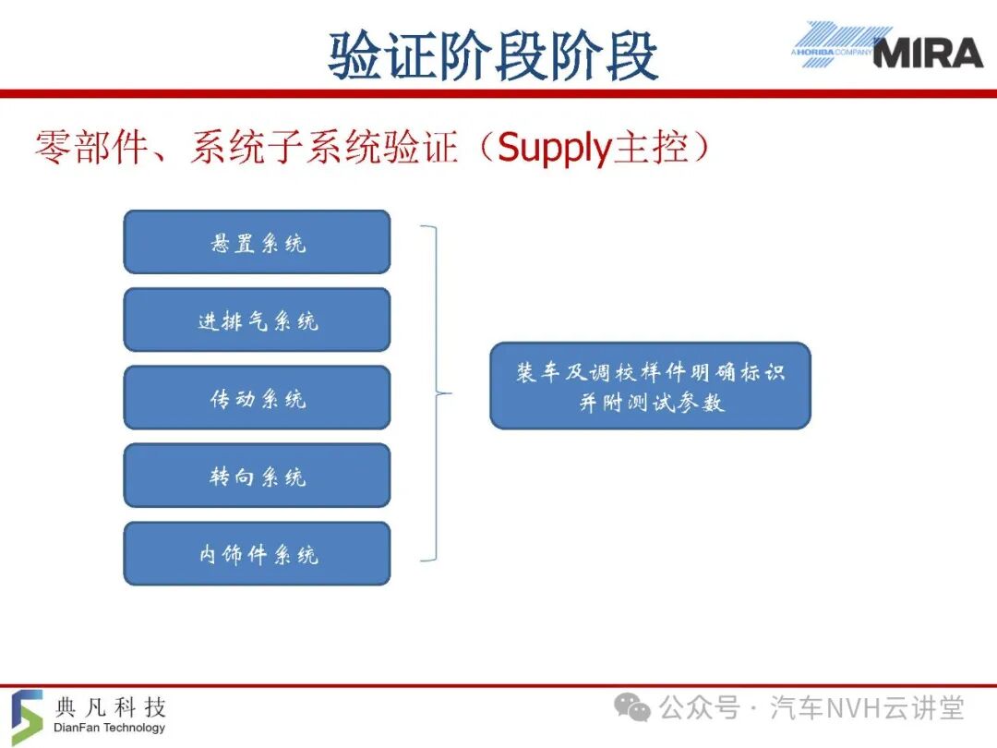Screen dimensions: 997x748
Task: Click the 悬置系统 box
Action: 257,242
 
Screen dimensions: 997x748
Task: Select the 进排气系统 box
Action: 257,320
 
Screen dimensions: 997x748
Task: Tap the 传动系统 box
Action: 257,397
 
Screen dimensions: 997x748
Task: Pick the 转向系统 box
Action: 257,476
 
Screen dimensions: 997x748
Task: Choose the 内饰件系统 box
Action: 257,553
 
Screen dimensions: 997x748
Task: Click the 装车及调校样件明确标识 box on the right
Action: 651,385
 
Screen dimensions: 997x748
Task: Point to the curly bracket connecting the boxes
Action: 437,393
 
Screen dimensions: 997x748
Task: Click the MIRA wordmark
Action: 929,53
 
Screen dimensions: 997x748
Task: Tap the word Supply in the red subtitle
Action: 553,148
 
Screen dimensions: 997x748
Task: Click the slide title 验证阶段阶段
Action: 493,56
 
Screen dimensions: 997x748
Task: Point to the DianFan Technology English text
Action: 109,728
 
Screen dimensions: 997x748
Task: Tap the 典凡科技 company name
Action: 111,706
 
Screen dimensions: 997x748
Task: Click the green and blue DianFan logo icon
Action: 27,717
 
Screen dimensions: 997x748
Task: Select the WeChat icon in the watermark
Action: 632,707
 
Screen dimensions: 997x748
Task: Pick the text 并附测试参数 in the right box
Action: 652,403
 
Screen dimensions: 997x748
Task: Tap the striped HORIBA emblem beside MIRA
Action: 836,44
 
